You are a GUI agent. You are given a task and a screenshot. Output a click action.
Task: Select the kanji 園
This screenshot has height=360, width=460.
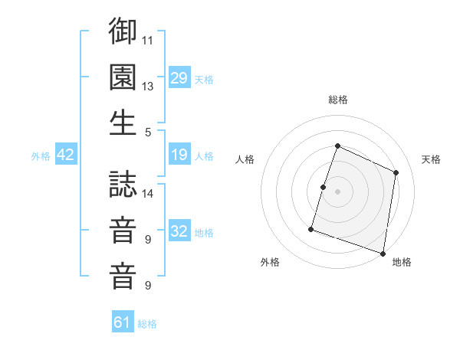(123, 77)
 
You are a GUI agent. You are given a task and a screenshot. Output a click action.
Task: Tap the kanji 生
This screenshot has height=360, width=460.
(123, 123)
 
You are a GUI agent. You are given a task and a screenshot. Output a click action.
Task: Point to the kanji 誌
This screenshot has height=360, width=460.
(123, 183)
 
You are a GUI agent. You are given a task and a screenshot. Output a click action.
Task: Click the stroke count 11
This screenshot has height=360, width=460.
(148, 39)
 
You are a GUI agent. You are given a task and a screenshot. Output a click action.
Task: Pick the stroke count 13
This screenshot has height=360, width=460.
(148, 86)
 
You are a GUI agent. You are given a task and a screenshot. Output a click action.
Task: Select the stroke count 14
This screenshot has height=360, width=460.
(148, 193)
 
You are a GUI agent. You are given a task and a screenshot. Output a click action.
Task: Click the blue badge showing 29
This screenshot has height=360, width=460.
(179, 78)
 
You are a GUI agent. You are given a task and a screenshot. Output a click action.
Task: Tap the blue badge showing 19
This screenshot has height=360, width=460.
(179, 155)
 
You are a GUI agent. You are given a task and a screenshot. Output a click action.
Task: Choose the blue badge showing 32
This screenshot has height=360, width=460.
(179, 231)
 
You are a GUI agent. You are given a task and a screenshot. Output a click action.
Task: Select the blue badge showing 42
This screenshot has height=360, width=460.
(66, 155)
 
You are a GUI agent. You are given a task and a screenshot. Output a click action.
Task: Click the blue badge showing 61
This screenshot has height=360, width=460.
(123, 322)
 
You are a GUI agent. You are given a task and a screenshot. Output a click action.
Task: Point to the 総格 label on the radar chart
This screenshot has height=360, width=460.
(337, 100)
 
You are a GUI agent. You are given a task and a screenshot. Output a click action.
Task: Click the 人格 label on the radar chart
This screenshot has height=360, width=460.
(245, 159)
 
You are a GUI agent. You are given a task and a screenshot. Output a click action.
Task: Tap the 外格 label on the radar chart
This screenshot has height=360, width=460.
(270, 262)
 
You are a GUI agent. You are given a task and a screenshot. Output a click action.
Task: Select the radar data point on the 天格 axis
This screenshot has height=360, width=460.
(396, 172)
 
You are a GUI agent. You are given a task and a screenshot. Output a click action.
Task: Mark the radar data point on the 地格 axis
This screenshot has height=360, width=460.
(383, 253)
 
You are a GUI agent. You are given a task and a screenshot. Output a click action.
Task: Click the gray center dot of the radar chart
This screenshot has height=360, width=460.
(337, 191)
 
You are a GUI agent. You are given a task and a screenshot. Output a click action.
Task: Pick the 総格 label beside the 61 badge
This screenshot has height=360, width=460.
(147, 324)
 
